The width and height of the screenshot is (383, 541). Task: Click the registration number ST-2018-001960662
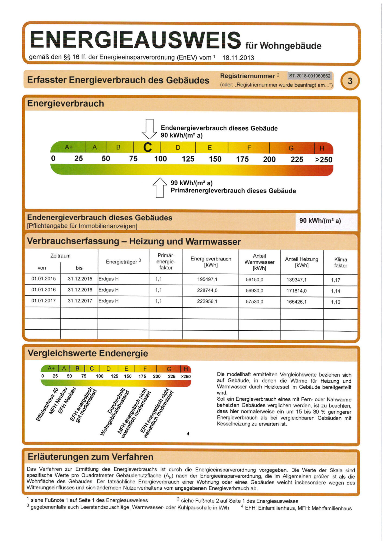310,76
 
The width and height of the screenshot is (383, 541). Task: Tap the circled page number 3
350,81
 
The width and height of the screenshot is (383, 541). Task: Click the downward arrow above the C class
149,129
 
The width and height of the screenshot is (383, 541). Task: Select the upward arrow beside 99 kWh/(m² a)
160,187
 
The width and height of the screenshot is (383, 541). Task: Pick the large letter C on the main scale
148,148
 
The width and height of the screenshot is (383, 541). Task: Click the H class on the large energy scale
322,148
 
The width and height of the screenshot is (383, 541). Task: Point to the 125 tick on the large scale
188,159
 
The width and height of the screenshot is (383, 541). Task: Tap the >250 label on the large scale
324,160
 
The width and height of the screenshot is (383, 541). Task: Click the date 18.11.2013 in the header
238,58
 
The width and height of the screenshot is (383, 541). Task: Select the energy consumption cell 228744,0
207,290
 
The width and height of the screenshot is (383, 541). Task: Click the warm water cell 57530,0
254,302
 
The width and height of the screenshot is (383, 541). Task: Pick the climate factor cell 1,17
336,280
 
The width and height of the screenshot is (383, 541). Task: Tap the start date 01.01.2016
44,290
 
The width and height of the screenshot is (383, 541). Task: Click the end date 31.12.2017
80,301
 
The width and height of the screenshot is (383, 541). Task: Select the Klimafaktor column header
341,262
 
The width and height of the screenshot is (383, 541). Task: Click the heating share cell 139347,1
296,280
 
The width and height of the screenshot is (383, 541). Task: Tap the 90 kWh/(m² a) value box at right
320,221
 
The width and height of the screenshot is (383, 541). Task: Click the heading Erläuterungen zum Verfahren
90,457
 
